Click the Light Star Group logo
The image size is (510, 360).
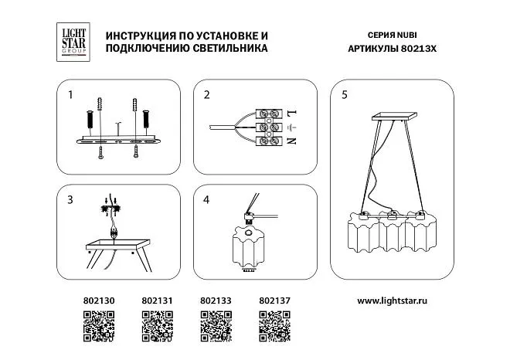point(73,42)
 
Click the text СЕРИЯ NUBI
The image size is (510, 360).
point(392,35)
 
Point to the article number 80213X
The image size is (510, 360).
point(419,49)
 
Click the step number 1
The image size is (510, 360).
point(70,94)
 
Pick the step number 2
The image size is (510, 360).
point(206,94)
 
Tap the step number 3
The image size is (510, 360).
point(70,199)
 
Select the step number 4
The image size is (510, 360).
point(206,199)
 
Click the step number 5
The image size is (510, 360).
point(345,94)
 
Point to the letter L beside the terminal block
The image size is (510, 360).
point(292,114)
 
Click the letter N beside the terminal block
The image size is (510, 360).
point(291,141)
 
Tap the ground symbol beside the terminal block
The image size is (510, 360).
point(292,127)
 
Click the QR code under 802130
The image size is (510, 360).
point(99,326)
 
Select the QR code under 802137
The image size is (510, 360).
point(274,326)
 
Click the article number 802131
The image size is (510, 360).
point(157,301)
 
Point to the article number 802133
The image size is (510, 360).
point(216,301)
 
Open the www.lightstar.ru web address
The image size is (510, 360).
point(392,301)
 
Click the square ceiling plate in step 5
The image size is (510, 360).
point(394,117)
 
